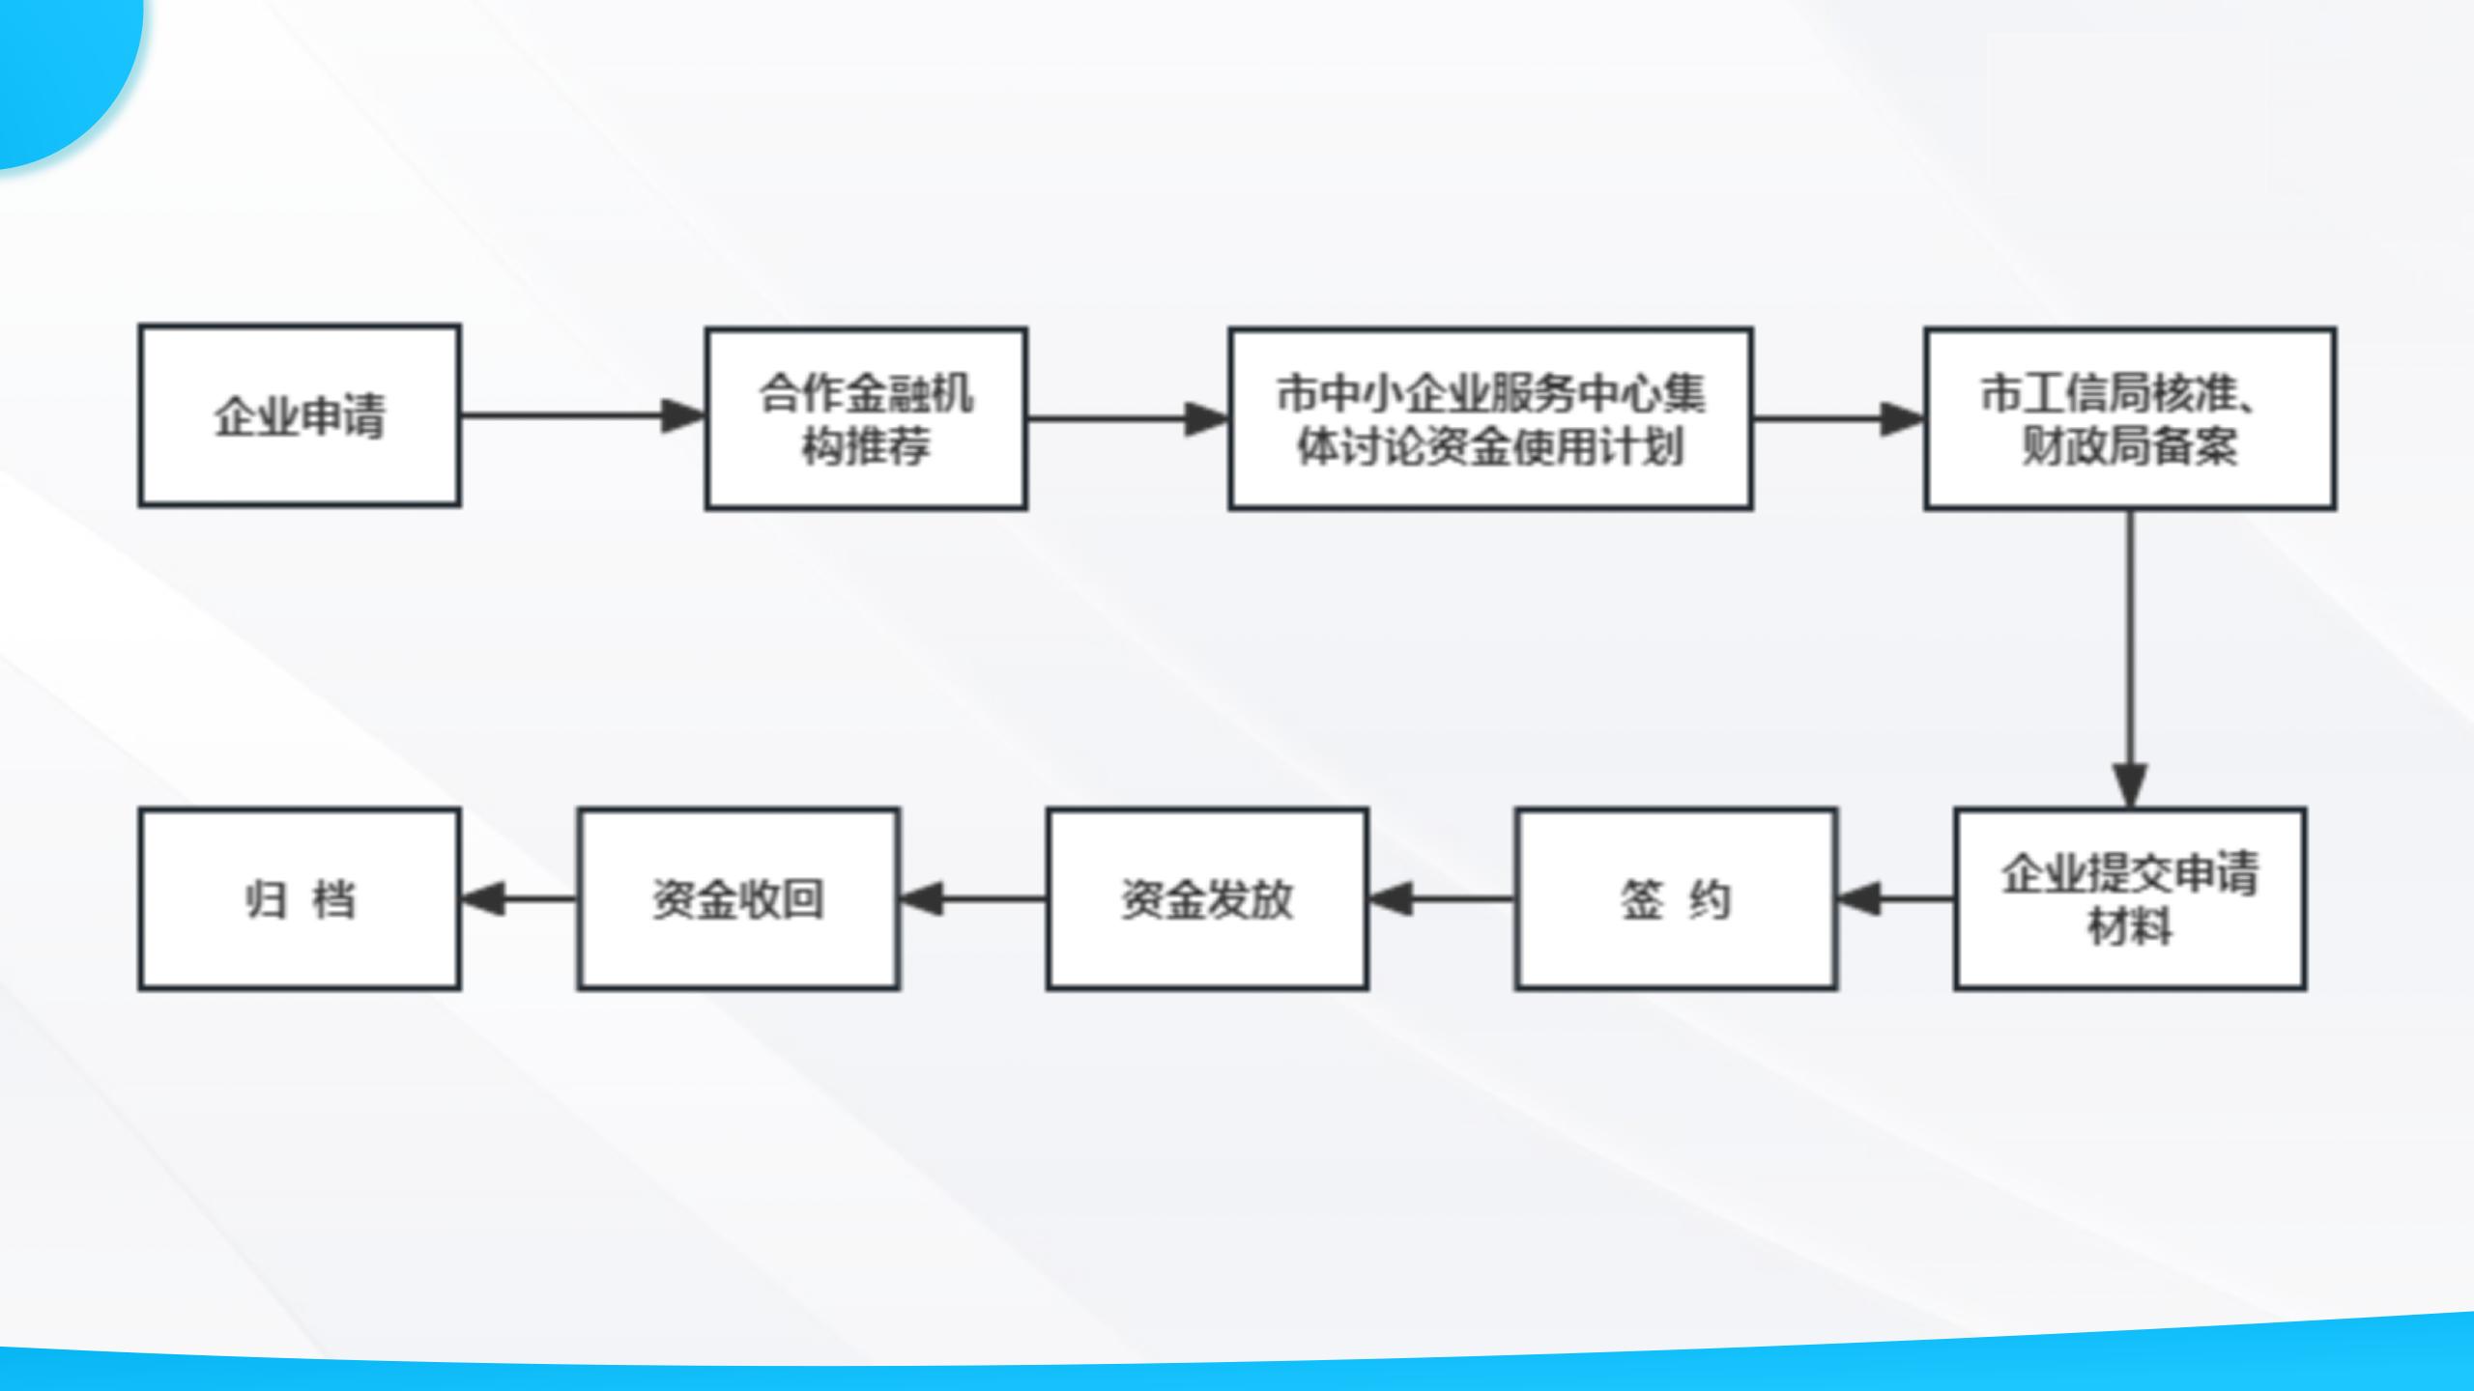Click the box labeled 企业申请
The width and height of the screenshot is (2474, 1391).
click(x=300, y=415)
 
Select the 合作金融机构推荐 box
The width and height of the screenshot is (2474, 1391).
click(x=866, y=418)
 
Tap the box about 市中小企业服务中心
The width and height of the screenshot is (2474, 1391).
click(x=1490, y=418)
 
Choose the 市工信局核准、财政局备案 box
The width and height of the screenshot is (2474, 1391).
click(x=2130, y=418)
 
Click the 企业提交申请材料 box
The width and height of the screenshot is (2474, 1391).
click(x=2130, y=899)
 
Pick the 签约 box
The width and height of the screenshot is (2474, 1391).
click(x=1676, y=899)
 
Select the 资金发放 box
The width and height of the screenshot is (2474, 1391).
click(x=1207, y=899)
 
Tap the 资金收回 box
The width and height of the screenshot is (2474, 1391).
click(x=738, y=899)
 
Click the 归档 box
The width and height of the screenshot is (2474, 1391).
click(x=300, y=899)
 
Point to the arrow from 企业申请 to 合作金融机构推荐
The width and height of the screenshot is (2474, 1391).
click(x=583, y=416)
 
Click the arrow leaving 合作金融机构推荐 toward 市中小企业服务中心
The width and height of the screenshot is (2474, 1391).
click(x=1128, y=418)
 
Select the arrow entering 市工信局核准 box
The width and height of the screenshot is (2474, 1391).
click(x=1839, y=418)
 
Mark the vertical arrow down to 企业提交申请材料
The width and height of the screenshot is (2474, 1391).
click(x=2130, y=659)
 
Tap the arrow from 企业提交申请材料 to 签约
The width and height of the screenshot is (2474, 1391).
click(x=1895, y=899)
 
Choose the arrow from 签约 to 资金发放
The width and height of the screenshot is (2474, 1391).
click(x=1442, y=899)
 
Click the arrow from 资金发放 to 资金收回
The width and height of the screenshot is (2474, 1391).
click(x=973, y=899)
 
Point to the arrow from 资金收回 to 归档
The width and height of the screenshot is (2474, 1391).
click(x=519, y=899)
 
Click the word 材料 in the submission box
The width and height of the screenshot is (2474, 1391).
click(x=2130, y=927)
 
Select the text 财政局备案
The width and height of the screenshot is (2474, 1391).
click(x=2130, y=446)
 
